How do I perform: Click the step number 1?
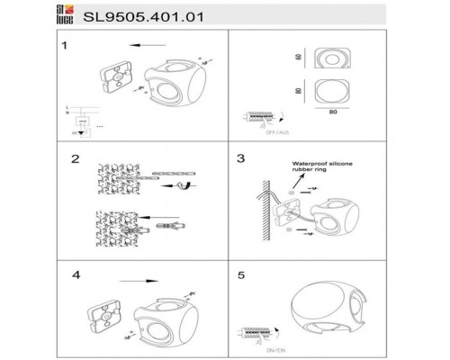tap(64, 44)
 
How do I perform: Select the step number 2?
tap(64, 157)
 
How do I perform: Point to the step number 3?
tap(240, 157)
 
